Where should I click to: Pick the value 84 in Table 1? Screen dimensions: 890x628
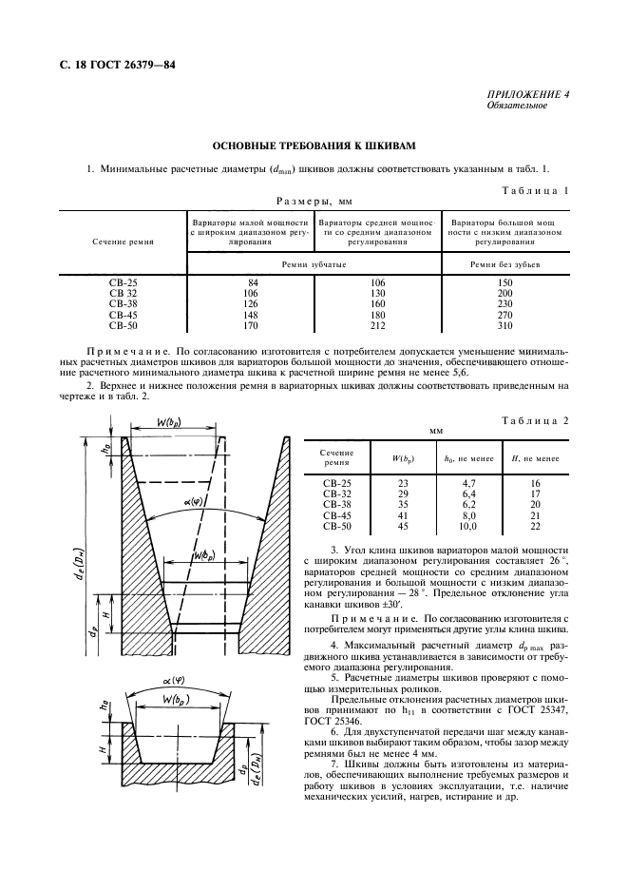(x=252, y=282)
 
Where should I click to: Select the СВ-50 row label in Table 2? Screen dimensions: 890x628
(x=337, y=526)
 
